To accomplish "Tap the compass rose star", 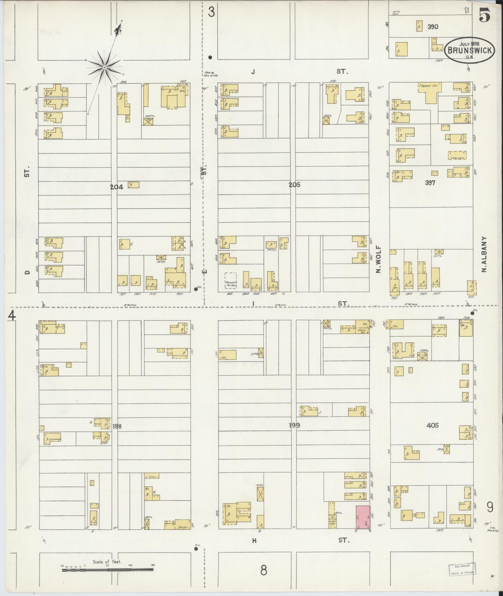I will (x=105, y=67).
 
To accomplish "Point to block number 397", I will (x=430, y=183).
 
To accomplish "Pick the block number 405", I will (x=433, y=425).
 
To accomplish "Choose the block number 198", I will (x=117, y=426).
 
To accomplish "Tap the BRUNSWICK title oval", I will (x=470, y=50).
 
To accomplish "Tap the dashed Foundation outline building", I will (x=230, y=280).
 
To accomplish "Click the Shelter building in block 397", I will (x=457, y=155).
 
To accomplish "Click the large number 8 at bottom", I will (x=264, y=570).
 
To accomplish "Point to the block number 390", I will (x=433, y=27).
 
